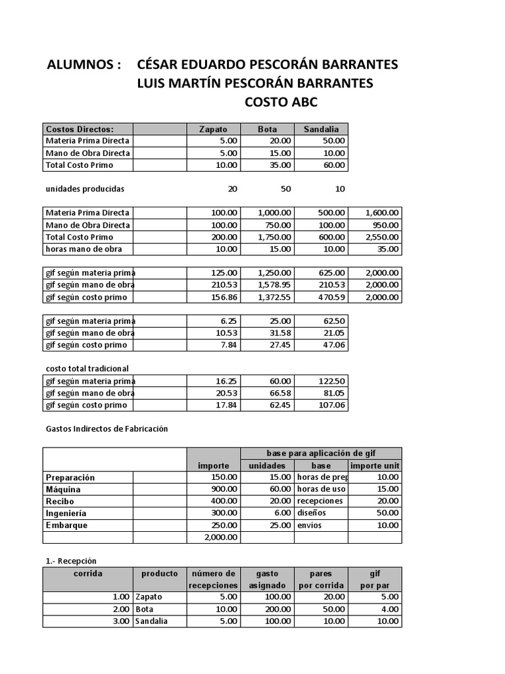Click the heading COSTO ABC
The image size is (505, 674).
pos(281,102)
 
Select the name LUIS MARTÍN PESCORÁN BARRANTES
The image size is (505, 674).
pos(254,84)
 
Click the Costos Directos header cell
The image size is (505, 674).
pos(80,129)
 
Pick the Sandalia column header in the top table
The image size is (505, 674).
pos(321,129)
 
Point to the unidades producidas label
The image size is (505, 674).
pos(85,189)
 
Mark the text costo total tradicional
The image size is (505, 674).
pos(87,369)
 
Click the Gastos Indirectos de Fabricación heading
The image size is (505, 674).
pos(107,428)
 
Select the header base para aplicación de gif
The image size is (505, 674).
pos(320,454)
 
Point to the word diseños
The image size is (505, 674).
pos(312,513)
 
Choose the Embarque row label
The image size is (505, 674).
pos(66,525)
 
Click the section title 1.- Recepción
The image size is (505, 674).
pos(71,561)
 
